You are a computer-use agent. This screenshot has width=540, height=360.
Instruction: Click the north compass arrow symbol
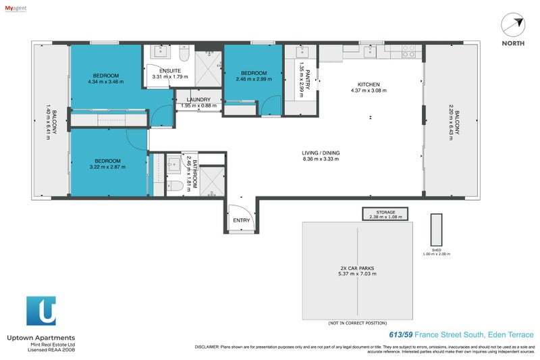pyautogui.click(x=515, y=25)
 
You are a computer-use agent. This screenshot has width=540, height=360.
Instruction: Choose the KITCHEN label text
pyautogui.click(x=369, y=84)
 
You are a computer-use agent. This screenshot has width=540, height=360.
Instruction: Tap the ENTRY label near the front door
pyautogui.click(x=241, y=220)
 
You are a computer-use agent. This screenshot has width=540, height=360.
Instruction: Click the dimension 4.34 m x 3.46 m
pyautogui.click(x=107, y=82)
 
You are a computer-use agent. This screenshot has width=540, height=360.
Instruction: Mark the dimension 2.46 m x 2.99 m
pyautogui.click(x=253, y=79)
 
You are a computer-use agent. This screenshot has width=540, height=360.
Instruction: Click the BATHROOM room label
pyautogui.click(x=194, y=174)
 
